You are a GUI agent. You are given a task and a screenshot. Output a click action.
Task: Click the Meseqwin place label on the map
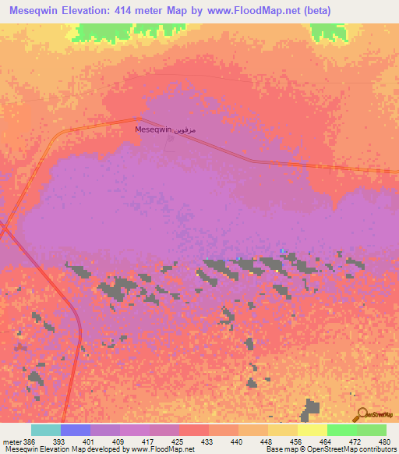tap(154, 129)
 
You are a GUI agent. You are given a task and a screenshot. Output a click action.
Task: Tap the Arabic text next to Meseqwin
tap(186, 129)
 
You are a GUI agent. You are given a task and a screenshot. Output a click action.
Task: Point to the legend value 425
tap(178, 441)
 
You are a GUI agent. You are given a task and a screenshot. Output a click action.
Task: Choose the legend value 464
tap(327, 441)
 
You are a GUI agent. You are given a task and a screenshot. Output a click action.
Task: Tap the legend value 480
tap(384, 441)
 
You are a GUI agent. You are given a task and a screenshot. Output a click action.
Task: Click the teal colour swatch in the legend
tap(46, 430)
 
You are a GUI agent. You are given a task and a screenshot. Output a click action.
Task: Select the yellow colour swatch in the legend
tap(312, 430)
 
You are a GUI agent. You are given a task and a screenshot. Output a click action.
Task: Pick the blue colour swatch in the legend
tap(76, 430)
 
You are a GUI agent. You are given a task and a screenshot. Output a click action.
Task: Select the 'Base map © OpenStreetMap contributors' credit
tap(330, 449)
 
